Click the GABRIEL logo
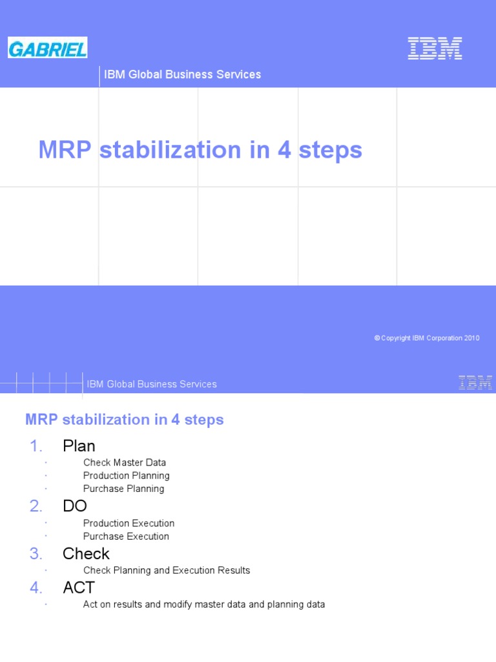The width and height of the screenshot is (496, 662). point(48,48)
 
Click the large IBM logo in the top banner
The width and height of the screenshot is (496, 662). point(435,48)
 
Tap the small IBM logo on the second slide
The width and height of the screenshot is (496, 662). point(475,383)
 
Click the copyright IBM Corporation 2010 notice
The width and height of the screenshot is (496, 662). point(427,338)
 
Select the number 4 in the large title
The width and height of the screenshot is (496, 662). point(284,150)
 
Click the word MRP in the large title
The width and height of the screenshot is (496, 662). point(66,150)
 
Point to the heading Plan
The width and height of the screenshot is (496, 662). point(79,446)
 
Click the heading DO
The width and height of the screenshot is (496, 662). point(75,506)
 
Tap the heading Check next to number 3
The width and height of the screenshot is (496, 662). point(86,554)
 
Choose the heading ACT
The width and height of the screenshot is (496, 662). point(79,588)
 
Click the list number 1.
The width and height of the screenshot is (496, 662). point(36,446)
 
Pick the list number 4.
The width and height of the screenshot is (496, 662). point(36,588)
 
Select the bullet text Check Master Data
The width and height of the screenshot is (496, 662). point(125,463)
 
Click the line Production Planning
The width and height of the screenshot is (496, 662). point(127,476)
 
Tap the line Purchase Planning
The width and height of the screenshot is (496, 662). point(124,489)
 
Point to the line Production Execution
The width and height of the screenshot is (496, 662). point(129,524)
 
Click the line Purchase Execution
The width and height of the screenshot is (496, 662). point(126,537)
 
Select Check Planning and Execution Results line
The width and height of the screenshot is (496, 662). point(167,571)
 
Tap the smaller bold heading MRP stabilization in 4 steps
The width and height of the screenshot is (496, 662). point(125,420)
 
